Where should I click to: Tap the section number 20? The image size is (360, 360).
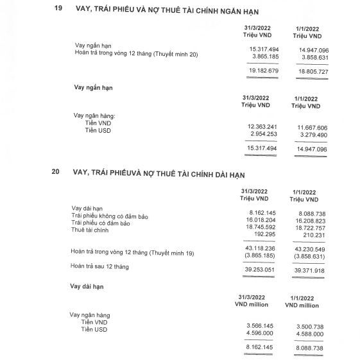click(56, 173)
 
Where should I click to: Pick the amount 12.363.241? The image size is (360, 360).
click(261, 126)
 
